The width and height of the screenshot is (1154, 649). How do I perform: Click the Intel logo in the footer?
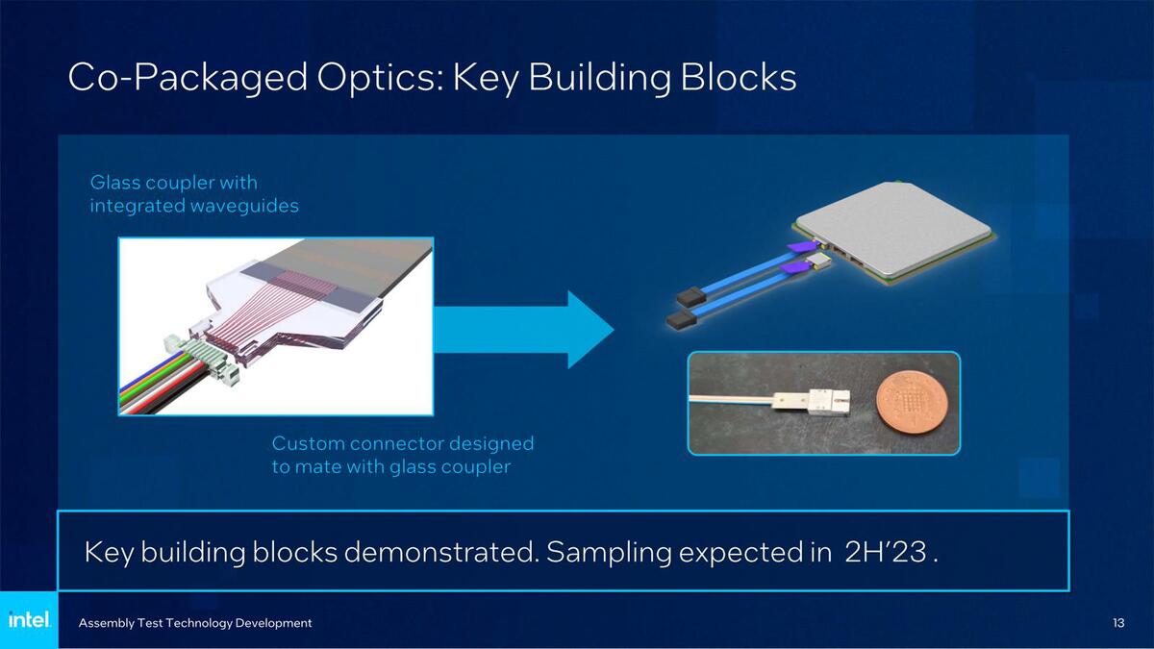pos(30,619)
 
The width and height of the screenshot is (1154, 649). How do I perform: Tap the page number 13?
pos(1118,623)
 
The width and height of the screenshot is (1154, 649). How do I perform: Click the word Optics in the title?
pos(380,78)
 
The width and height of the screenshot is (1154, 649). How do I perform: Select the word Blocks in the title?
pos(739,77)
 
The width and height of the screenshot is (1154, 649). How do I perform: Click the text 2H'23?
pos(886,552)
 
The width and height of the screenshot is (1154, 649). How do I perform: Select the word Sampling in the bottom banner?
pos(609,553)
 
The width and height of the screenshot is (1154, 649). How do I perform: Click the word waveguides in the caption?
pos(244,206)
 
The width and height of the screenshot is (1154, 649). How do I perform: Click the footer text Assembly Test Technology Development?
pos(195,623)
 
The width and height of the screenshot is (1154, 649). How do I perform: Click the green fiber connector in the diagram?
pos(202,355)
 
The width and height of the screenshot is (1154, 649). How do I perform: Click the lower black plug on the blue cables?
pos(682,320)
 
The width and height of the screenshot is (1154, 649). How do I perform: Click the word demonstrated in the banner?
pos(441,552)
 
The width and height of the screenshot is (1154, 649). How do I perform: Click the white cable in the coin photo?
pos(731,399)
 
